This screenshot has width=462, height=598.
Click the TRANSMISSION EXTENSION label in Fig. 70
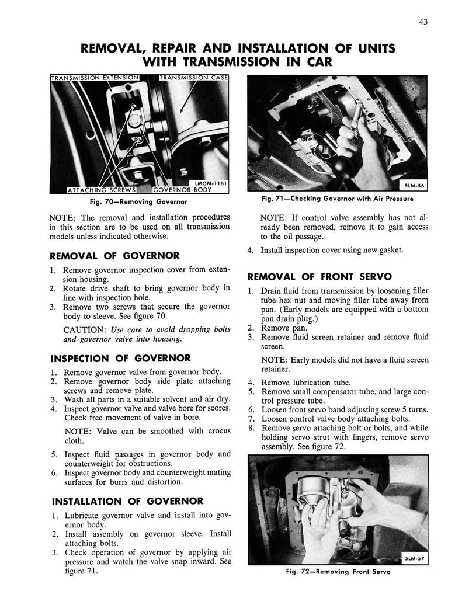[95, 78]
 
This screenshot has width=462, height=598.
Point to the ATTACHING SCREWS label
[94, 190]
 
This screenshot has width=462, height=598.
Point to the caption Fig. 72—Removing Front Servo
[339, 572]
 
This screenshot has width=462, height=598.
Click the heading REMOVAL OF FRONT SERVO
[311, 276]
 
